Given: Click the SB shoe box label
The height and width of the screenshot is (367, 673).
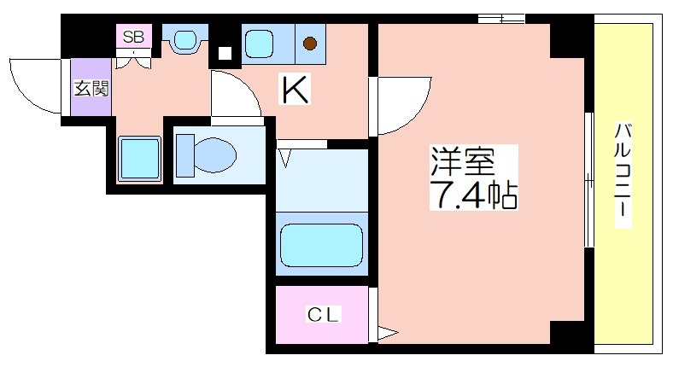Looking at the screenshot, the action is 133,37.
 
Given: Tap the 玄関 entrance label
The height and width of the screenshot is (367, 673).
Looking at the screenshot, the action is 91,88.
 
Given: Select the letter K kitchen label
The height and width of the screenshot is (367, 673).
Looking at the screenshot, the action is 295,89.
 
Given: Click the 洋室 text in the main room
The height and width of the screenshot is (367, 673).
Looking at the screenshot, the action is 463,160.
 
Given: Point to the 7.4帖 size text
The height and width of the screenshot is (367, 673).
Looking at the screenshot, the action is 473,195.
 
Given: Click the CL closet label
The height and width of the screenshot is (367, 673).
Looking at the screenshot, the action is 323,315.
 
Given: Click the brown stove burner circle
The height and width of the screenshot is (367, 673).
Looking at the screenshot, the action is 310,44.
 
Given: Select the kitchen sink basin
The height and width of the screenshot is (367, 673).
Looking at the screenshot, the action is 259,44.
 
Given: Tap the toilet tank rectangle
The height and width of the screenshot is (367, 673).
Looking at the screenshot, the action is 185,155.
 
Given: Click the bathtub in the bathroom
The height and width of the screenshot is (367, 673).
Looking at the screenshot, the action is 321,245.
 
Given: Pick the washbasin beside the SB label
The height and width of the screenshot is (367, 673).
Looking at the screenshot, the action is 185,40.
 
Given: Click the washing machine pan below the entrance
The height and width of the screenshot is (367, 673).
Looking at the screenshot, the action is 139,158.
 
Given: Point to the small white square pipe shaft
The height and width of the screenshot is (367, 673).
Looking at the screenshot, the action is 225,53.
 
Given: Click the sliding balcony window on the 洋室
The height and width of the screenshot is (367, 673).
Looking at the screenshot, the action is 589,179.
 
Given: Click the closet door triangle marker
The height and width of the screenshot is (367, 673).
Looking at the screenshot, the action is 387,333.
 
